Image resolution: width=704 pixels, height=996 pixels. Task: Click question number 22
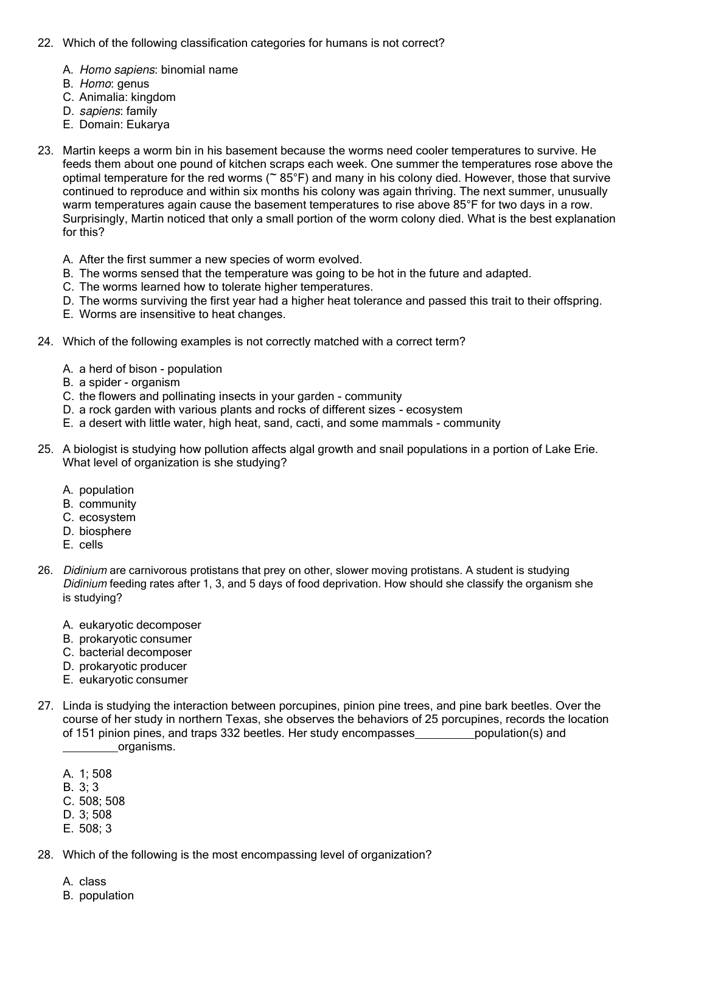[45, 43]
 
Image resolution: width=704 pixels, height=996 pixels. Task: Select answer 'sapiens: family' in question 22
[118, 111]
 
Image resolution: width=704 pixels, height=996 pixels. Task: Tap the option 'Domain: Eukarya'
[124, 125]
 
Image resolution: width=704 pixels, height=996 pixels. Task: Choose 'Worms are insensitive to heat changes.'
[182, 314]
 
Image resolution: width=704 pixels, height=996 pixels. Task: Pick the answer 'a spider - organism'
[129, 382]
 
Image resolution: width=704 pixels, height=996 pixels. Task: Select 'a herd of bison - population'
[150, 369]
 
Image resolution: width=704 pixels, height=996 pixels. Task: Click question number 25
[45, 449]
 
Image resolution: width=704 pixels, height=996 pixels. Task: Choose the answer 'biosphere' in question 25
[105, 531]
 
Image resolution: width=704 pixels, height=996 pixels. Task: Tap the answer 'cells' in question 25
[91, 545]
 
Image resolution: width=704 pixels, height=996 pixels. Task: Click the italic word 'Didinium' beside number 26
[85, 570]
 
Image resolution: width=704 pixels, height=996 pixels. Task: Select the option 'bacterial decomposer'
[135, 652]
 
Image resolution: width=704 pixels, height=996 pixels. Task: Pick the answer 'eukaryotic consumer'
[133, 680]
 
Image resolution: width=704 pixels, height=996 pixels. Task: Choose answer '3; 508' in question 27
[95, 815]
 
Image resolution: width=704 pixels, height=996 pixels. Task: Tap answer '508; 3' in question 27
[95, 829]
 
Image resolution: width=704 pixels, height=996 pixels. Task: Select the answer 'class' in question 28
[92, 882]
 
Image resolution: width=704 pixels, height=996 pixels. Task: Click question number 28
[45, 855]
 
